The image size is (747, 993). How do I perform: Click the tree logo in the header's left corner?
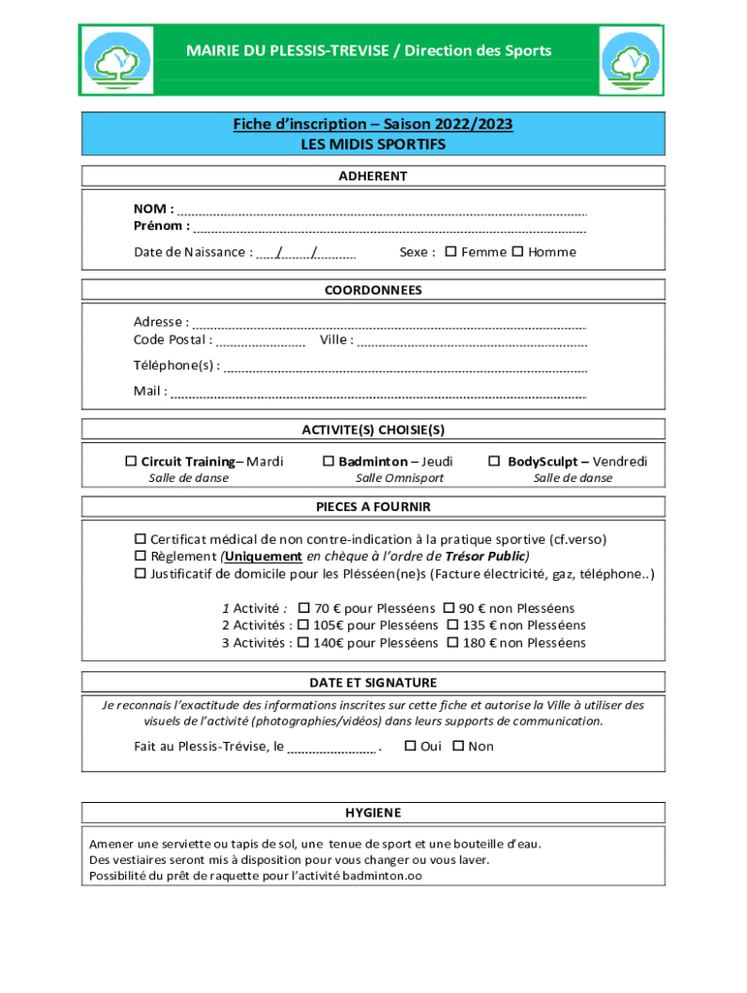[x=116, y=61]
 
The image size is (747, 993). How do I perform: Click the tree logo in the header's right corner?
[x=631, y=61]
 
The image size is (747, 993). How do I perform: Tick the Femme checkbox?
[x=450, y=252]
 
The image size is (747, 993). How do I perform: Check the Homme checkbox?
[x=517, y=252]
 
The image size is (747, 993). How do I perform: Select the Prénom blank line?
[x=388, y=229]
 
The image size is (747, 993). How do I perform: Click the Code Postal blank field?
[x=260, y=342]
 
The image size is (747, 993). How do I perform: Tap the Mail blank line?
[x=378, y=394]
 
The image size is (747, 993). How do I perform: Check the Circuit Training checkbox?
[x=131, y=462]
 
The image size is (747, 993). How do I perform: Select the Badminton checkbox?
[x=329, y=462]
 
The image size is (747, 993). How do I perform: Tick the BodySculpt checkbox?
[x=494, y=462]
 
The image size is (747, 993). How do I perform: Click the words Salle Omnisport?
[x=399, y=478]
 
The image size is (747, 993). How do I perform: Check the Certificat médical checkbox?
[x=140, y=539]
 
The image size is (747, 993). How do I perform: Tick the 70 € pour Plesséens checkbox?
[x=304, y=608]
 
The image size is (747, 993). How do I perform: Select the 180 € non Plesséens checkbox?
[x=453, y=643]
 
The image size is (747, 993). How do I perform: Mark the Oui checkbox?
[x=409, y=746]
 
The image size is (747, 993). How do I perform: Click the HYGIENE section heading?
[x=373, y=813]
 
